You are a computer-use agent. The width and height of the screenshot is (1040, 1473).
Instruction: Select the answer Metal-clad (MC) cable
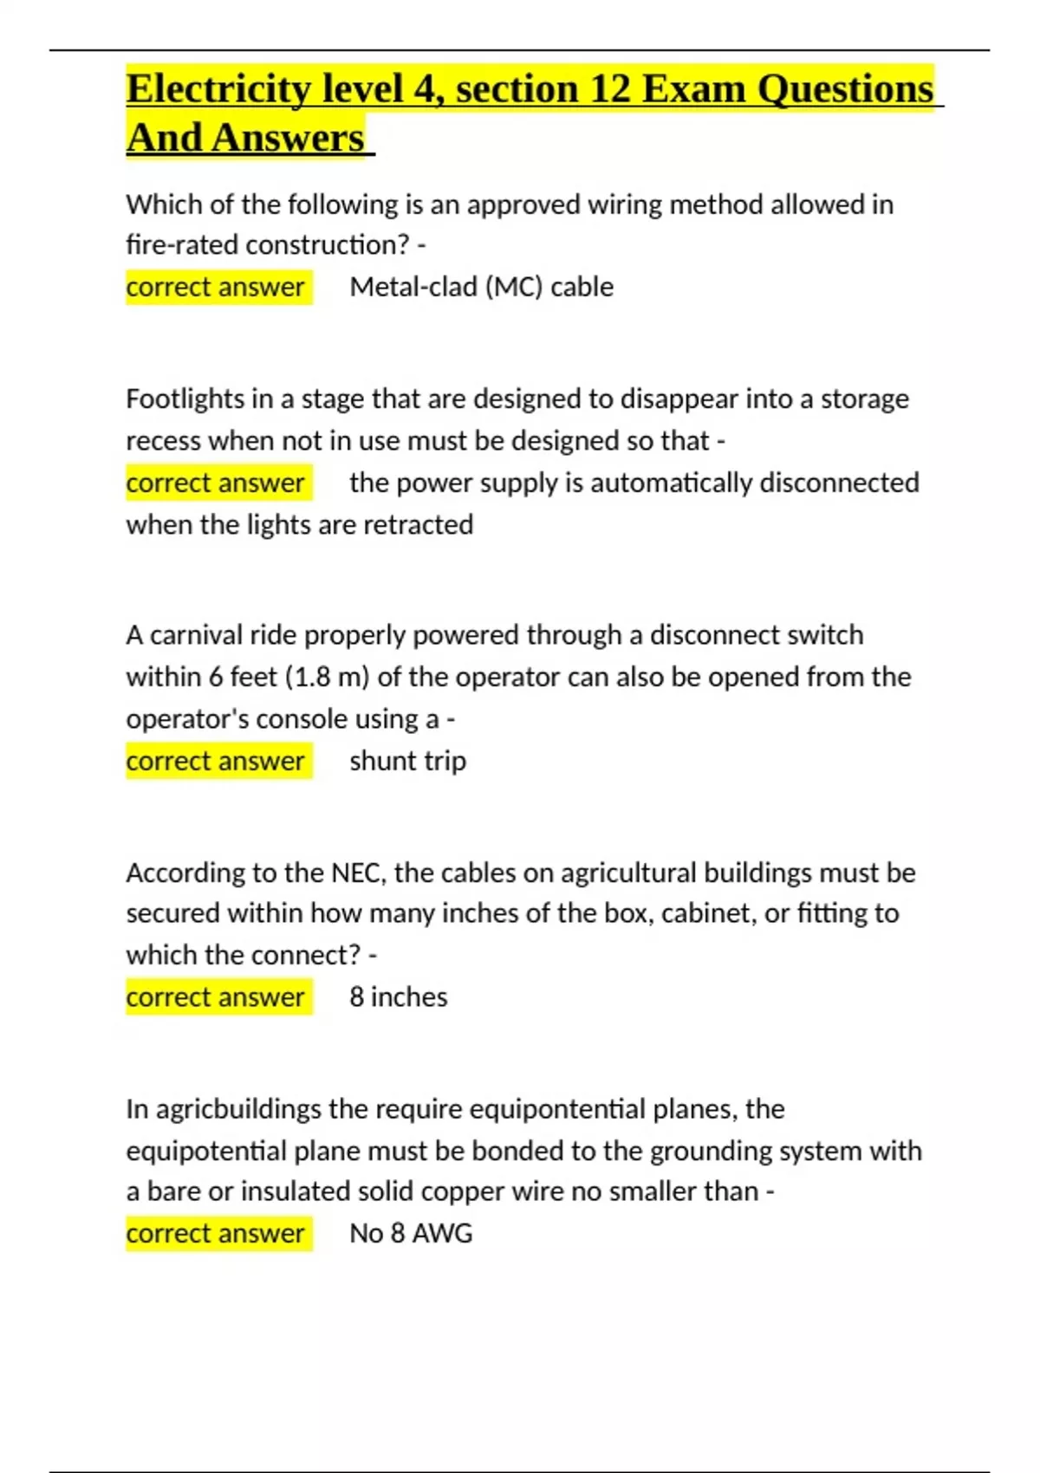(x=481, y=287)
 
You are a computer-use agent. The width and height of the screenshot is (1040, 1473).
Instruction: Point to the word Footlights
(x=185, y=399)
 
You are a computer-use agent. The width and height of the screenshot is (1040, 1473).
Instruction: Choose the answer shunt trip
(x=407, y=761)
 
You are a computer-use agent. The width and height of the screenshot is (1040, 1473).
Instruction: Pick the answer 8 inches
(x=398, y=997)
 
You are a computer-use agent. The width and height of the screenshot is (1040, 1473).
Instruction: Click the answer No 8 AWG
(x=411, y=1233)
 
